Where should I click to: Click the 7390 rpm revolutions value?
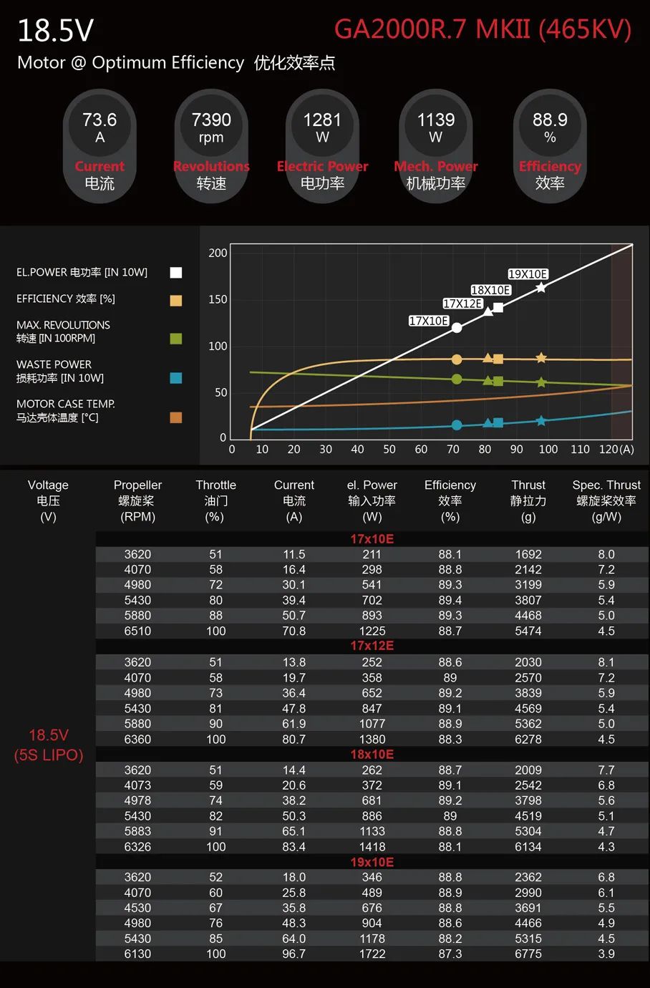pos(211,120)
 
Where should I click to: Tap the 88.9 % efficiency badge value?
pos(550,120)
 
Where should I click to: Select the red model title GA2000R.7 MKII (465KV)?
pos(483,29)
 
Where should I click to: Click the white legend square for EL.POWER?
pos(176,272)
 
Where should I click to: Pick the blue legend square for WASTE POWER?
pos(176,378)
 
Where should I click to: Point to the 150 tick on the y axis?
pos(218,299)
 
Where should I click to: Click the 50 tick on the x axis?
pos(389,450)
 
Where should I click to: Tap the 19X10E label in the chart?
pos(528,274)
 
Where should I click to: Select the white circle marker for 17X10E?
pos(457,328)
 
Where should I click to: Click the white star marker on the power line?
pos(541,287)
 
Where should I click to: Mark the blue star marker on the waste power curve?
pos(541,421)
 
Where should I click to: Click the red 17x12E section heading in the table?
pos(372,646)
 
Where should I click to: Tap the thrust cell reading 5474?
pos(528,631)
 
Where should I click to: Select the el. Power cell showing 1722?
pos(372,954)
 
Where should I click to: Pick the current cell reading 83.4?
pos(294,847)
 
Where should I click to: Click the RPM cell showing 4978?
pos(137,800)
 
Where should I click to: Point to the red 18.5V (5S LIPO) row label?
pos(49,745)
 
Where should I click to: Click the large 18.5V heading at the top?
pos(55,31)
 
